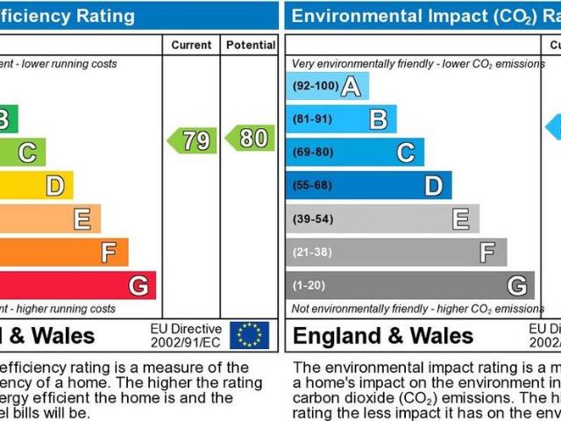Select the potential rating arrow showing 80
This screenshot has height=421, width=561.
[251, 138]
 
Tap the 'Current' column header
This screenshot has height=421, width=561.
[191, 45]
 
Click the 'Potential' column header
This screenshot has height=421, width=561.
[250, 45]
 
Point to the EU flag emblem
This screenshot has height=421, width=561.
[249, 334]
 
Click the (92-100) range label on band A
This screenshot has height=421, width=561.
[315, 87]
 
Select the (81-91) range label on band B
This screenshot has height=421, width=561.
[311, 119]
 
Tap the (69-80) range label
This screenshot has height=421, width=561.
[311, 153]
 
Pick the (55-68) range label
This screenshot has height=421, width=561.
[311, 186]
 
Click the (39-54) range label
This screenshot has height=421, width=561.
[311, 219]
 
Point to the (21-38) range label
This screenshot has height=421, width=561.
[311, 253]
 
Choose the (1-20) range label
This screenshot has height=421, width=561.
[309, 286]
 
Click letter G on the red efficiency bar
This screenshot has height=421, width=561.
[138, 286]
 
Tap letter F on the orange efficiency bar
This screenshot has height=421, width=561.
[109, 253]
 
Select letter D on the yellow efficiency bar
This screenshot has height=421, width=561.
[54, 186]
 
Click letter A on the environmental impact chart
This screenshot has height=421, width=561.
[351, 87]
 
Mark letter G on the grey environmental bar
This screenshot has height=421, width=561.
[517, 286]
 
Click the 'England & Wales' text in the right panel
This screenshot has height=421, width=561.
[383, 336]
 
